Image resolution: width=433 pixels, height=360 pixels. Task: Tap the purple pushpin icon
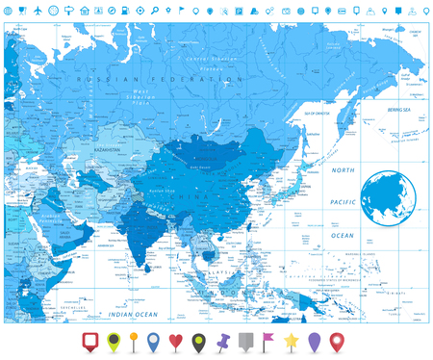tap(225, 340)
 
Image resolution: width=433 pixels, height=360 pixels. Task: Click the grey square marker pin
tap(247, 340)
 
